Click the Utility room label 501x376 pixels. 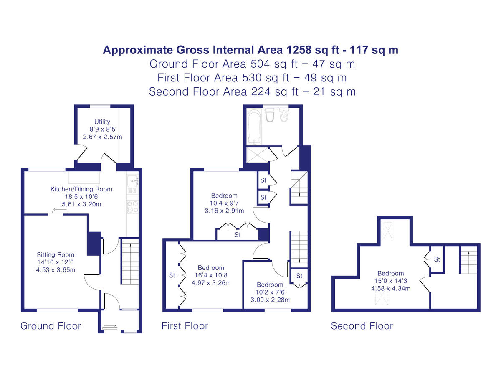point(102,122)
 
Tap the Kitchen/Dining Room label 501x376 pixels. point(81,189)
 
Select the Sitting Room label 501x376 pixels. point(56,254)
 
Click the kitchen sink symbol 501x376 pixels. point(132,180)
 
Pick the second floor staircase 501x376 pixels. point(468,260)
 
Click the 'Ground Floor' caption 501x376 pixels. point(51,326)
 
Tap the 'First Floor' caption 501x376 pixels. point(185,326)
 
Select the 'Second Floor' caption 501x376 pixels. point(362,326)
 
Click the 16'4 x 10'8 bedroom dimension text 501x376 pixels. point(211,275)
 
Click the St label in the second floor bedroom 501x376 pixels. point(437,259)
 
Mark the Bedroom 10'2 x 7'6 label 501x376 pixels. point(270,285)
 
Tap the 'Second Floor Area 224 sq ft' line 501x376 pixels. point(252,91)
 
